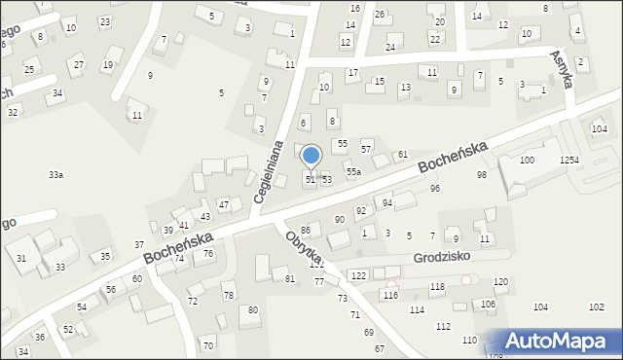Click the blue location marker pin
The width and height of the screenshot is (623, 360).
click(x=311, y=157)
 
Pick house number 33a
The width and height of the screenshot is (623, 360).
click(x=56, y=174)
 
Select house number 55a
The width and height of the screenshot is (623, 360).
click(x=353, y=171)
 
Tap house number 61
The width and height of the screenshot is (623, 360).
click(x=402, y=155)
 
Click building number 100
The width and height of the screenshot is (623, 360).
click(x=527, y=160)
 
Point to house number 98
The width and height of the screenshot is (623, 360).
click(x=481, y=174)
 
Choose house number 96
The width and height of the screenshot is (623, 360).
click(x=435, y=188)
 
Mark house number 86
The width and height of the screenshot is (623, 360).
click(x=305, y=230)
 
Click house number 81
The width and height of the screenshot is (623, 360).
click(x=290, y=278)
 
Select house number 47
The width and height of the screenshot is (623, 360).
click(x=223, y=204)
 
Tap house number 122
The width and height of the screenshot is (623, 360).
click(x=358, y=276)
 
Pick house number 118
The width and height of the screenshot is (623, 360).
click(x=437, y=286)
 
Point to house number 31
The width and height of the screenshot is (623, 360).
click(x=21, y=258)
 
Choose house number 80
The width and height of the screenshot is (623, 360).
click(x=253, y=309)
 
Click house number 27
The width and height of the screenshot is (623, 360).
click(x=79, y=64)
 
